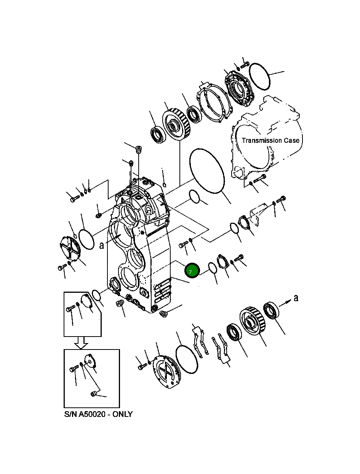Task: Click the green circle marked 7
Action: click(x=192, y=270)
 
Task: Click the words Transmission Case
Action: click(x=270, y=140)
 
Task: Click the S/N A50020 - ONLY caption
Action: click(x=98, y=414)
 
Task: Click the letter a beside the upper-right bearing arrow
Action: click(x=296, y=297)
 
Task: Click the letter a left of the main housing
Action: click(x=101, y=245)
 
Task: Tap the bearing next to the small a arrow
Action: click(x=271, y=310)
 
